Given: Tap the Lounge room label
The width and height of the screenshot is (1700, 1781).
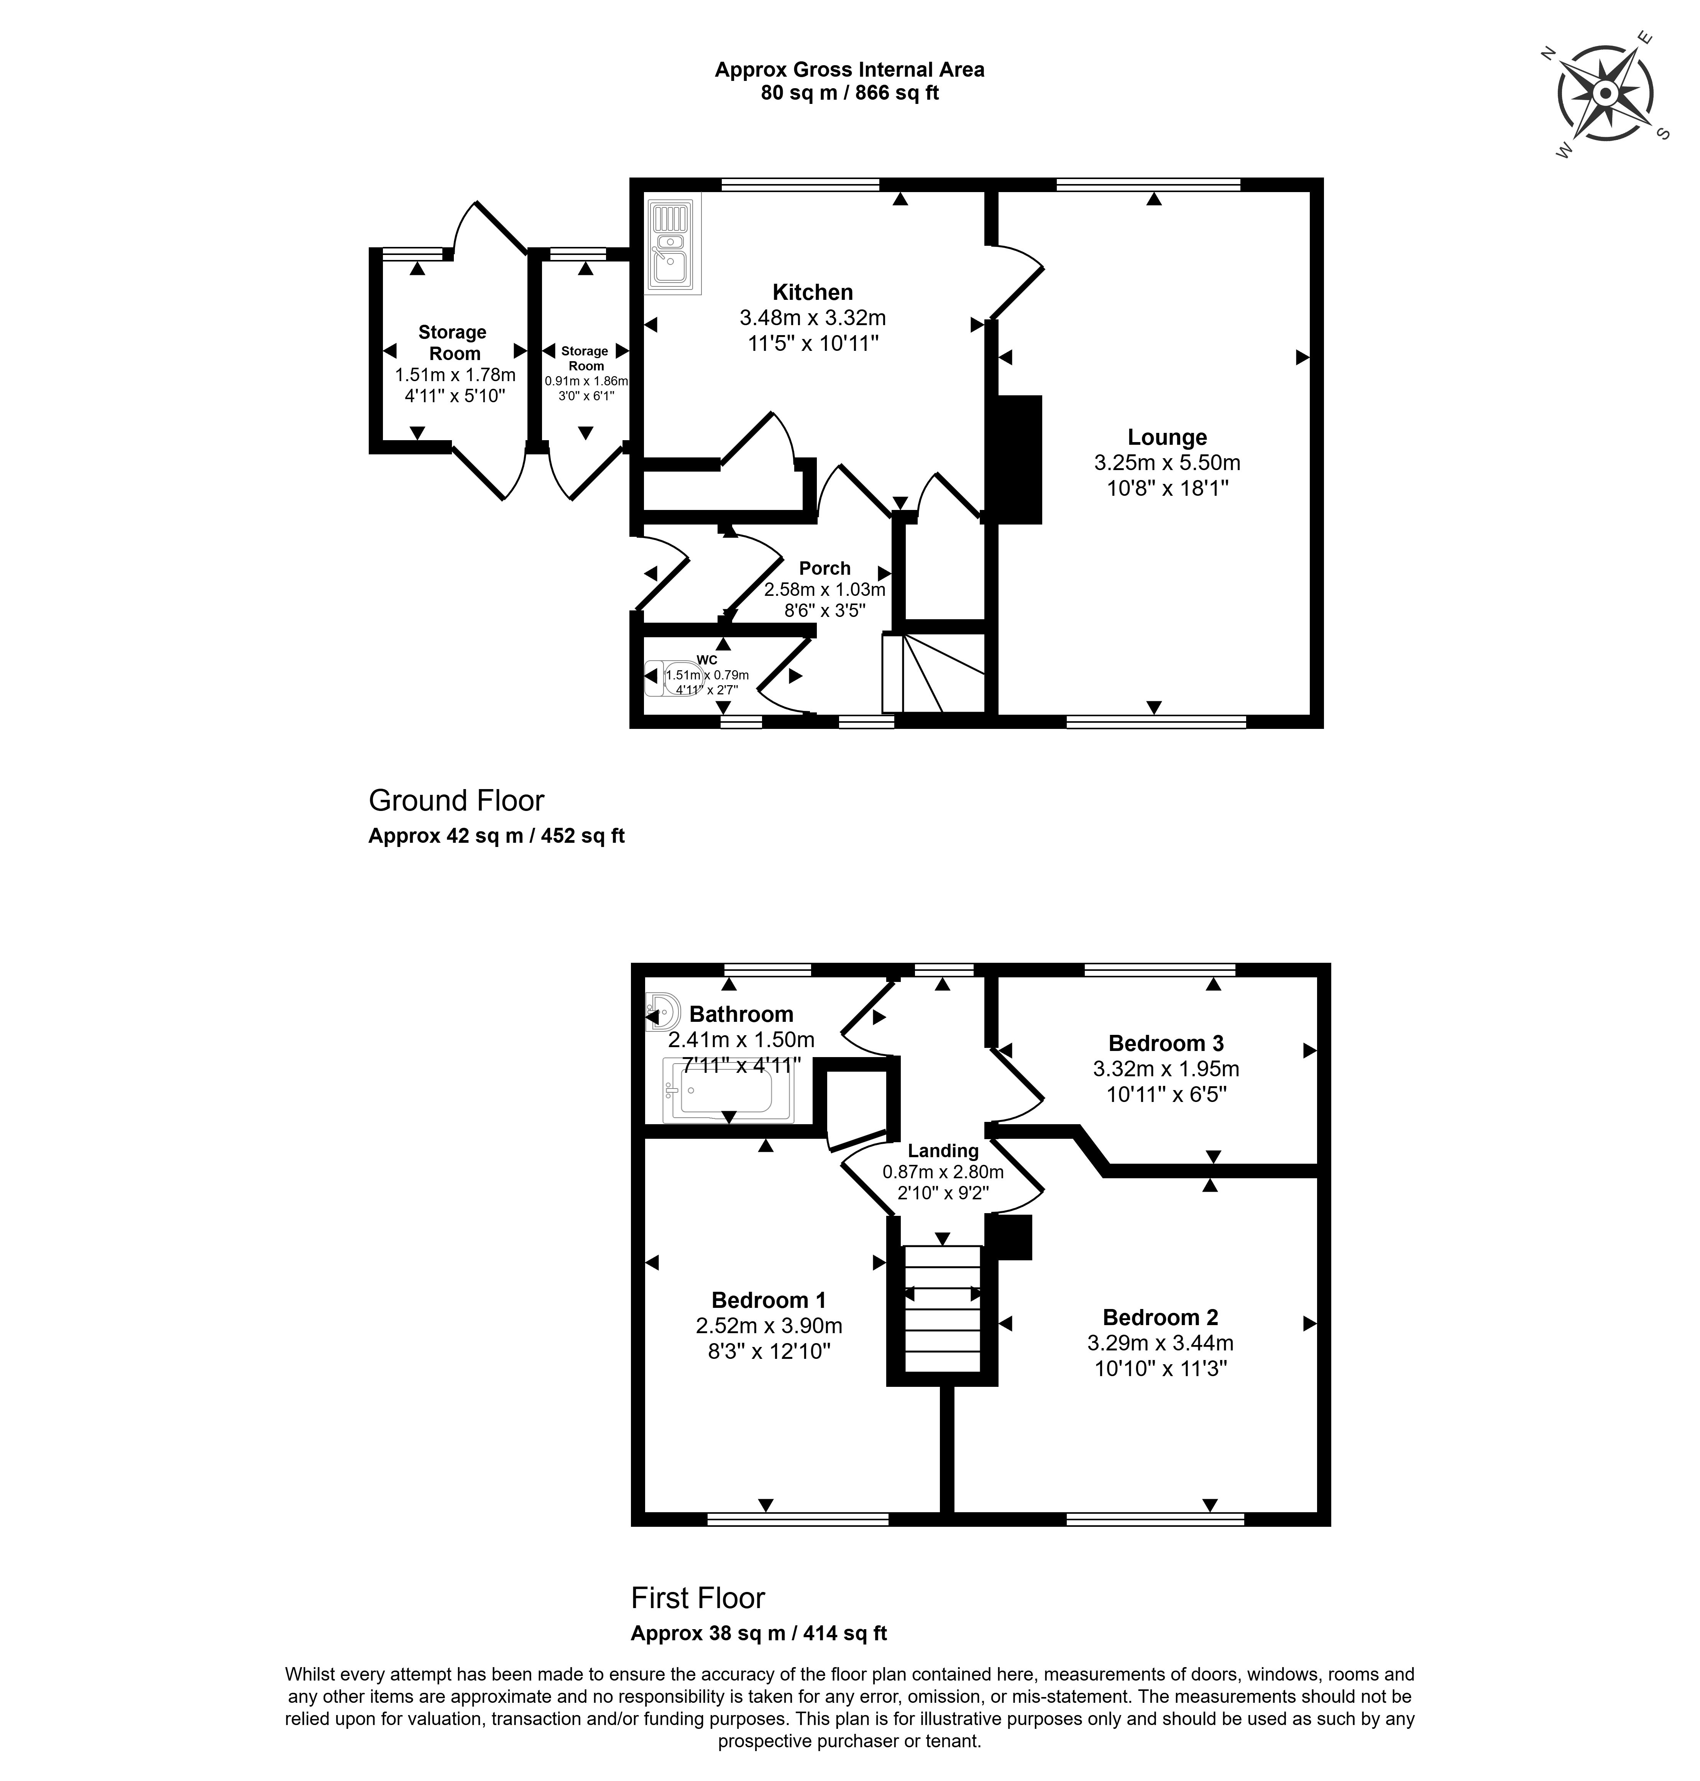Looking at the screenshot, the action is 1167,438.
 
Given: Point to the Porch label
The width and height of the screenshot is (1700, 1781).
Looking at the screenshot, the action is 825,568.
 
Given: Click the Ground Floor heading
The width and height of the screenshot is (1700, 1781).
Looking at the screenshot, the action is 456,800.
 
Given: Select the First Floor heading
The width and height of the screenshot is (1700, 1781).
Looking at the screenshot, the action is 698,1597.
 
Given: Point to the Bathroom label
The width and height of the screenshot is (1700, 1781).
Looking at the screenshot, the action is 741,1014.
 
